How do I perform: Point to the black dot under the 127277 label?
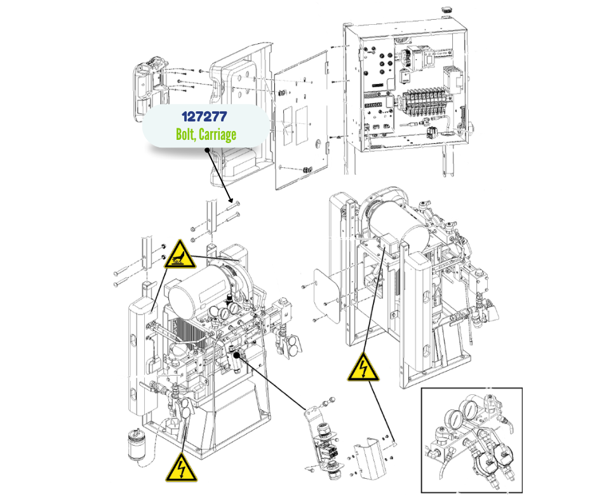click(x=208, y=151)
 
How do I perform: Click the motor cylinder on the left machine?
click(x=193, y=290)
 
